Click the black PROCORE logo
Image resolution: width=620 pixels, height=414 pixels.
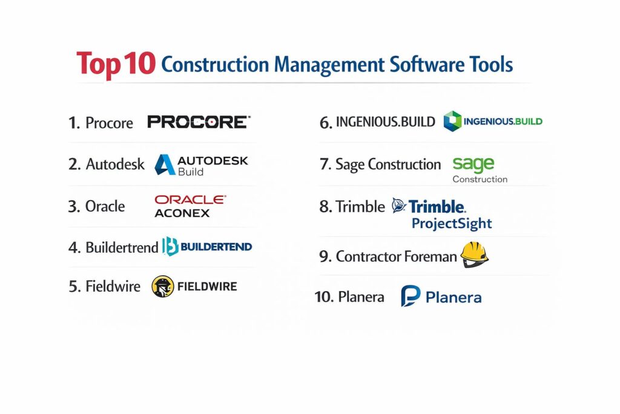199,122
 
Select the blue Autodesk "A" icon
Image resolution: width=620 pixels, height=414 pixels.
165,165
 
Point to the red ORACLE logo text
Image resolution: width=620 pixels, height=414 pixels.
190,199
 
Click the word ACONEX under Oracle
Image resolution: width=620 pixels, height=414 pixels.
182,213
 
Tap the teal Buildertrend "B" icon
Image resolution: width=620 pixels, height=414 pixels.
170,246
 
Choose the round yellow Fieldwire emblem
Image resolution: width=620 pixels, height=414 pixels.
162,286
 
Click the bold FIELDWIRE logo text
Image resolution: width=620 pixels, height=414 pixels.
207,286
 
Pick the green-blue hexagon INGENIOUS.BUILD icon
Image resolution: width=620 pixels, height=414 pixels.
452,121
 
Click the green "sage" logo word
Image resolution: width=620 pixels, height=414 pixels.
473,164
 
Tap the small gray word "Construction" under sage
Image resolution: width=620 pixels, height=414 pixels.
480,179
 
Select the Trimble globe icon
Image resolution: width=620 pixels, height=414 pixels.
399,205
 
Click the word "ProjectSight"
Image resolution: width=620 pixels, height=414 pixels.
452,224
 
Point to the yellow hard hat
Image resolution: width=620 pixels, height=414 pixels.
475,255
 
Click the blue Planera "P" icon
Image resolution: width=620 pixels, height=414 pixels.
411,296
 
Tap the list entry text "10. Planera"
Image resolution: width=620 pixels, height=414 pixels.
349,297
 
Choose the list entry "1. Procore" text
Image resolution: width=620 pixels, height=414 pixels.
101,122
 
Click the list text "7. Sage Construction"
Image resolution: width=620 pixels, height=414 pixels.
380,164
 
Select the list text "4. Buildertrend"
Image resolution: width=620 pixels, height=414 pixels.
113,247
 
